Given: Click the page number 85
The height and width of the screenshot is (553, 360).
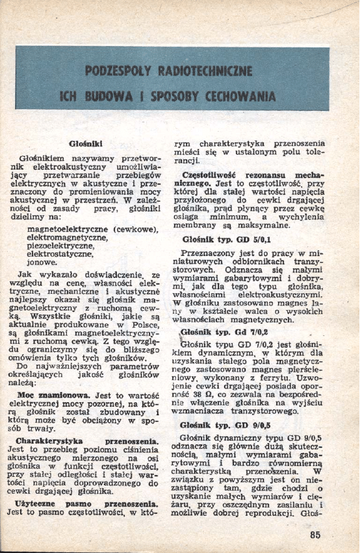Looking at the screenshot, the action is tap(316, 535).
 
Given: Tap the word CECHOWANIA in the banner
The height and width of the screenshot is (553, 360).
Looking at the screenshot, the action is tap(240, 97).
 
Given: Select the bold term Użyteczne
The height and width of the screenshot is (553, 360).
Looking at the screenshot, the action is tap(40, 502).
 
